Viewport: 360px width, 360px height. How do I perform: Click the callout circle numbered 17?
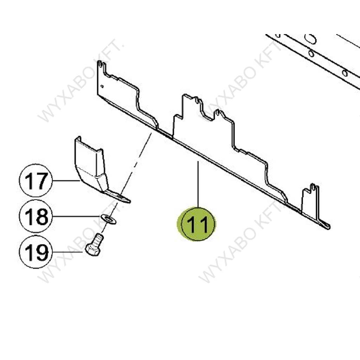pos(36,180)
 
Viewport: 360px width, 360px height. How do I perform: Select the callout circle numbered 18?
pos(36,216)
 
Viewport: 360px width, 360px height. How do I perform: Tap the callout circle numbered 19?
pos(36,252)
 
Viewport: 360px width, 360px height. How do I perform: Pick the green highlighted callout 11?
pos(197,224)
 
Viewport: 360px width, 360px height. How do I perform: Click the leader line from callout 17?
pos(66,181)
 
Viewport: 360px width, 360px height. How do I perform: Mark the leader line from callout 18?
pos(76,216)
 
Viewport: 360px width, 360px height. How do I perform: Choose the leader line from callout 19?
pos(68,252)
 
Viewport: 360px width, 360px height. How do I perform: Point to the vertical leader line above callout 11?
pos(198,184)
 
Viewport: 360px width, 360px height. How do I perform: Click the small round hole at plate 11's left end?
pos(102,86)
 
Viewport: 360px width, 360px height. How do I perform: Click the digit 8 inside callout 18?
pos(43,217)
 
